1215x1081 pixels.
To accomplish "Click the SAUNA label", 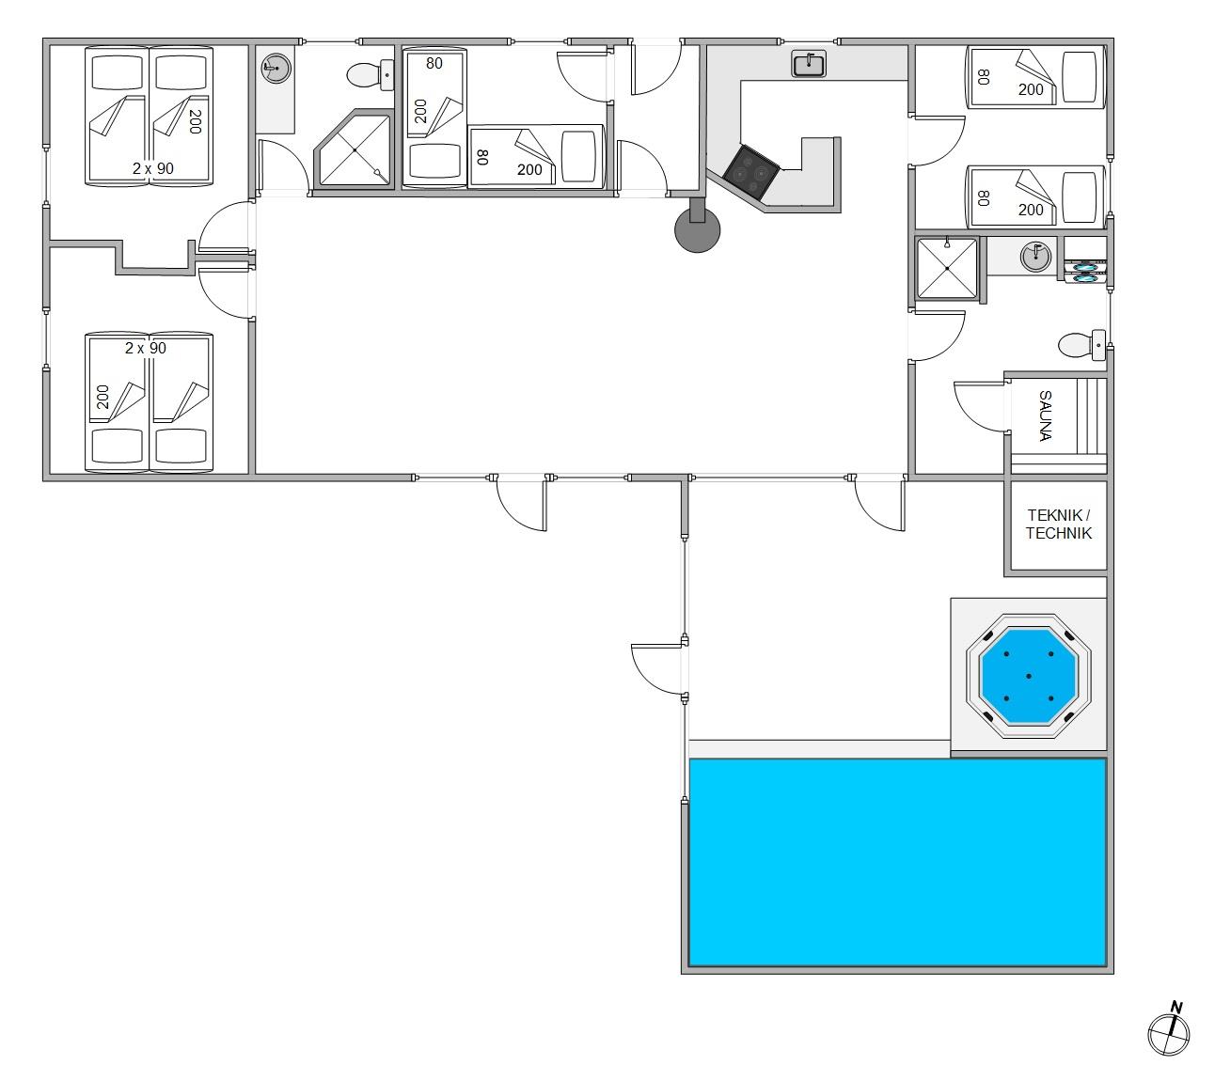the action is [1045, 415].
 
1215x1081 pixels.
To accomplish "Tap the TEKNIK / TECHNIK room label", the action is [1059, 524].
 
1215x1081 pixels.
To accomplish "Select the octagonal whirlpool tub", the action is [1029, 676].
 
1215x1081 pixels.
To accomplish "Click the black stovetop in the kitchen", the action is [750, 172].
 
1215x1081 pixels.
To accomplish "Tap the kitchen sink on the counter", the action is [809, 64].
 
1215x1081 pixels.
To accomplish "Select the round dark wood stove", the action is [697, 228].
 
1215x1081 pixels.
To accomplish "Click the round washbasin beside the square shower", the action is [1035, 256].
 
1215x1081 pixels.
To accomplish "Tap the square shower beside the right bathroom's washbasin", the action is [947, 268].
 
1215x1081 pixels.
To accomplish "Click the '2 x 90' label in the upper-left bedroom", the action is [153, 168].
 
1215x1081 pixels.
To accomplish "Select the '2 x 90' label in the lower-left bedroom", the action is [145, 349].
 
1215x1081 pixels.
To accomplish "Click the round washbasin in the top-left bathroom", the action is [276, 67].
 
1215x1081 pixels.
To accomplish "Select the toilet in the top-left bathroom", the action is [370, 75].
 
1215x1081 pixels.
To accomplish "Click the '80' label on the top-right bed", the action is [983, 77].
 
